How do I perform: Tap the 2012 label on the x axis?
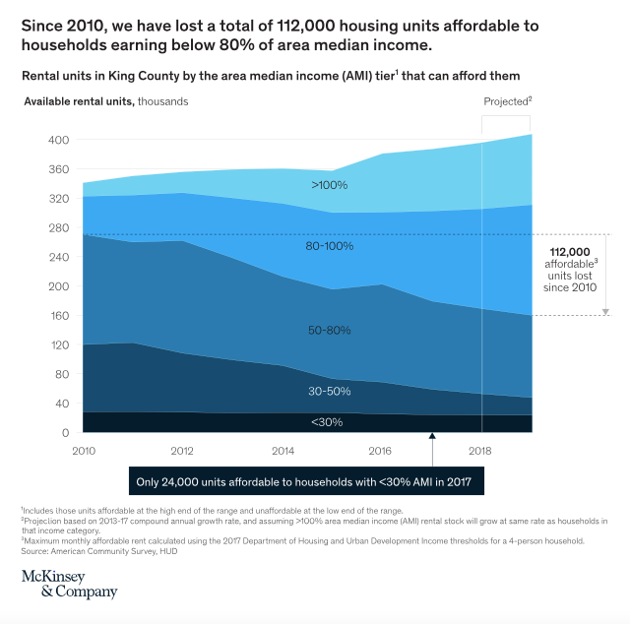[182, 450]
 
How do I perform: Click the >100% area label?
[331, 185]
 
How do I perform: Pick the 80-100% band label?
[329, 246]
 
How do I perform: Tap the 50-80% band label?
[329, 331]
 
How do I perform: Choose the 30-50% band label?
[329, 392]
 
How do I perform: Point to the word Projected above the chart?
[505, 101]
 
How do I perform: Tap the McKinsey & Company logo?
[69, 584]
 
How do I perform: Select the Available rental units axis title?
[80, 101]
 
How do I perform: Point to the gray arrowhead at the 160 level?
[606, 311]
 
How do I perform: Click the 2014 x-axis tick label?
[283, 450]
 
